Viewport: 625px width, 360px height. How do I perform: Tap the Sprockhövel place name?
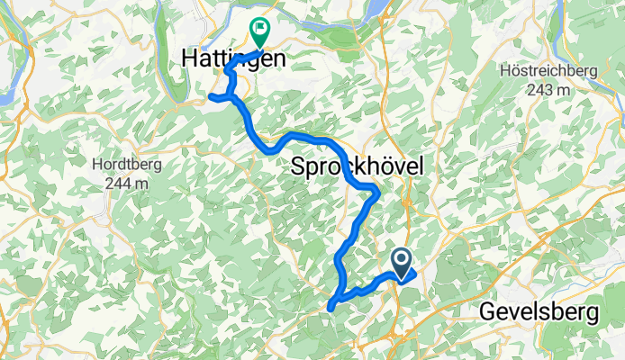[357, 166]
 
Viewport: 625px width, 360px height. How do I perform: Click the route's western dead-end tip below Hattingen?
[210, 96]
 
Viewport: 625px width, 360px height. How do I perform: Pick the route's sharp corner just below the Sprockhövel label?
[376, 191]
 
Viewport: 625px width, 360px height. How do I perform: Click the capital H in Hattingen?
[188, 58]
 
